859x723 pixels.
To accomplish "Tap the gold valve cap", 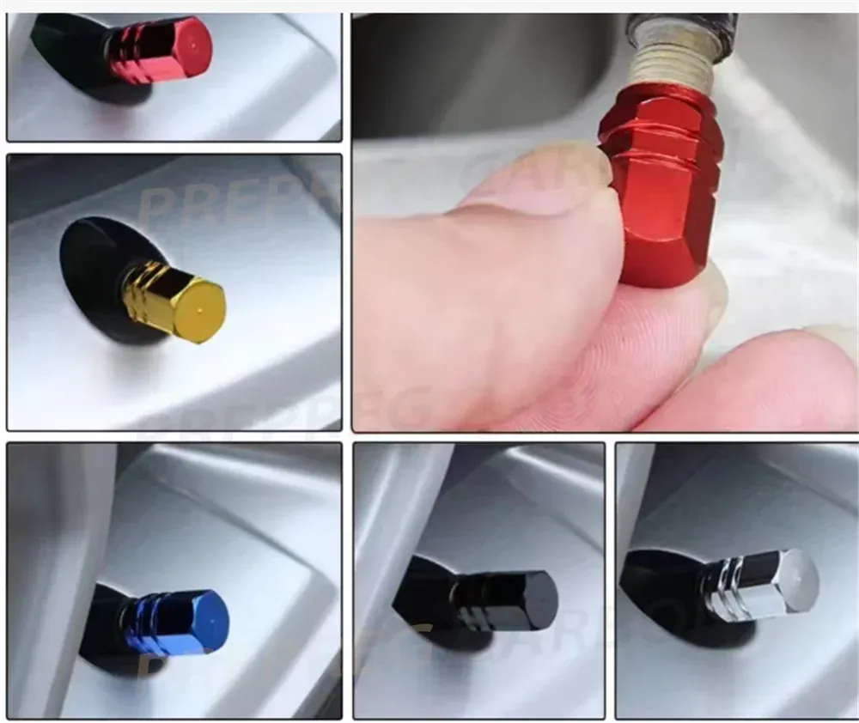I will coord(175,301).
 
